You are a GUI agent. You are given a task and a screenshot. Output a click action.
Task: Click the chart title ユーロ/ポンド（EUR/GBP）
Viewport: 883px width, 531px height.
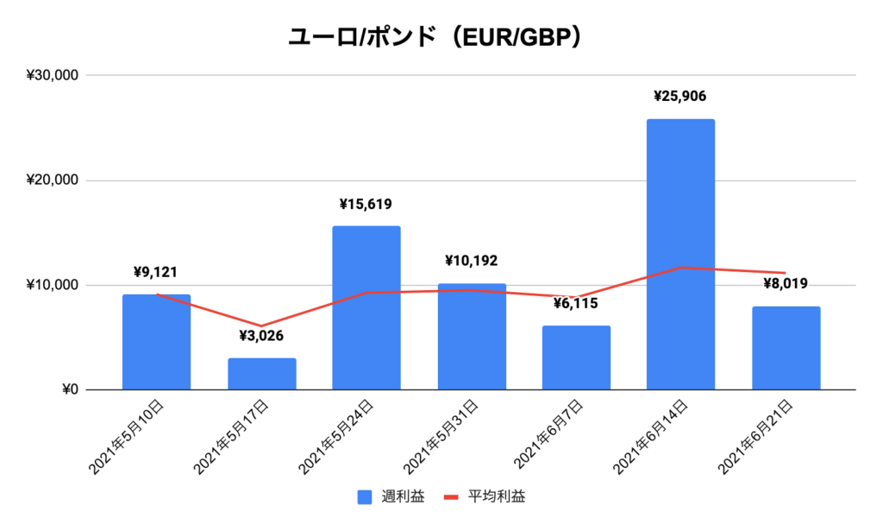[x=441, y=37]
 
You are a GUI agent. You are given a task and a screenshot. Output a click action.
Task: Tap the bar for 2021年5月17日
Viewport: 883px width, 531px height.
[x=261, y=374]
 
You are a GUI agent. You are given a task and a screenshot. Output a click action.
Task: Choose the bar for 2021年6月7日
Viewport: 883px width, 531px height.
[x=576, y=357]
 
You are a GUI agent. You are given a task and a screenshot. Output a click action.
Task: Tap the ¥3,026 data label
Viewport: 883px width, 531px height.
[x=261, y=336]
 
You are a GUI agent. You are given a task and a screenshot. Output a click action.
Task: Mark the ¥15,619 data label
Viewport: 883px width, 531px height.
[x=366, y=205]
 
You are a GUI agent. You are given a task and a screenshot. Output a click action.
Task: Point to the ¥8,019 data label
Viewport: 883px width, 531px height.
[x=786, y=283]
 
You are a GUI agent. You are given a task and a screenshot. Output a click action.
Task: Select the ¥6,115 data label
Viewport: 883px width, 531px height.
[x=576, y=303]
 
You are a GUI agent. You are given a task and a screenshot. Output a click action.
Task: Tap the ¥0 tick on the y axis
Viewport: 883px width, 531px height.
[x=67, y=390]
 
